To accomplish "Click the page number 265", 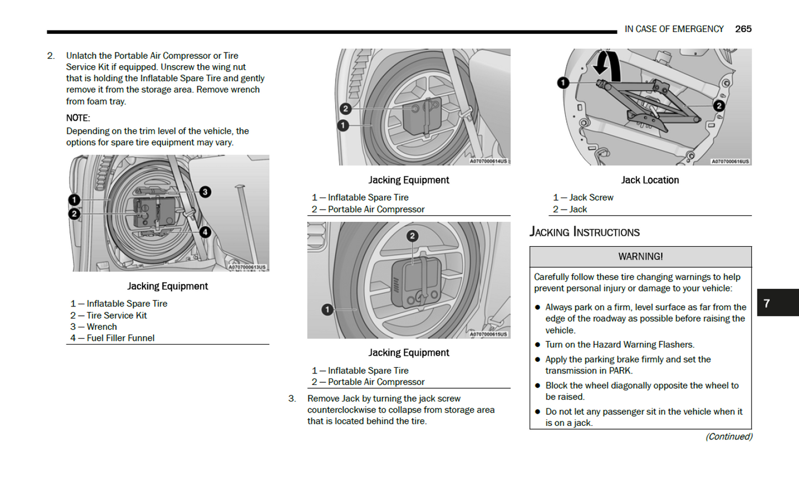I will tap(743, 29).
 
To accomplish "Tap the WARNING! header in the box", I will tap(640, 257).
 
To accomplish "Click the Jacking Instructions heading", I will tap(584, 232).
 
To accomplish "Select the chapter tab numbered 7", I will tap(767, 303).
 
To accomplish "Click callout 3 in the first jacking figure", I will tap(205, 192).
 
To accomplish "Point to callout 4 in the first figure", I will tap(205, 232).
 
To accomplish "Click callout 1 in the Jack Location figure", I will tap(563, 83).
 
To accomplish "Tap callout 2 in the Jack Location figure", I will tap(719, 106).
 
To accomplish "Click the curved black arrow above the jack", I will tap(607, 63).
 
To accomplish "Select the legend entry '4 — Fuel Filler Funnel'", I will tap(112, 338).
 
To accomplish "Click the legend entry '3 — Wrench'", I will tap(93, 327).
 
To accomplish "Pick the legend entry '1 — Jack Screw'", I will tap(583, 197).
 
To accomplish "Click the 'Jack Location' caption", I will tap(650, 180).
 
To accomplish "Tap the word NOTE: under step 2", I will tap(78, 118).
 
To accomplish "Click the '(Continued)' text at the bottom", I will tap(728, 436).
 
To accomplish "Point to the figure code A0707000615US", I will tap(488, 334).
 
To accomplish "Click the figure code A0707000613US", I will tap(247, 267).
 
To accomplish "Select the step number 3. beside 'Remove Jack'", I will tap(292, 398).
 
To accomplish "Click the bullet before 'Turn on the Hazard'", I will tap(537, 345).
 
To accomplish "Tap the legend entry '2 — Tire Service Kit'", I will tap(108, 315).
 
